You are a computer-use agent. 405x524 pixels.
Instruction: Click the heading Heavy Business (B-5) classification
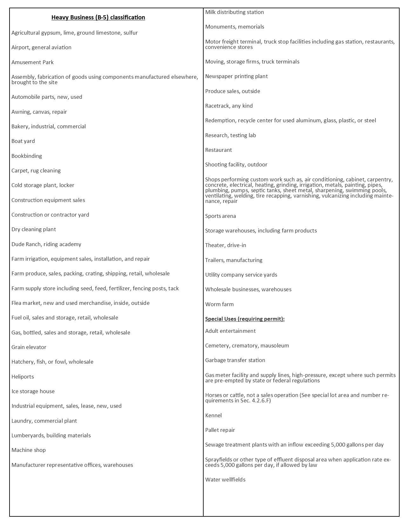click(x=98, y=17)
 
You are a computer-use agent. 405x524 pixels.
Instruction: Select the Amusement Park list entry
click(x=32, y=62)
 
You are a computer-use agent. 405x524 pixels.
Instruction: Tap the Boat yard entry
click(x=23, y=141)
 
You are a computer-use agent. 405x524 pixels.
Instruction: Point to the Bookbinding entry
click(x=27, y=156)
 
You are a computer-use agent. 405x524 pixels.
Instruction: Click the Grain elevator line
click(x=29, y=347)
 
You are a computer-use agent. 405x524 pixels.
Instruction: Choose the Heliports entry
click(x=23, y=377)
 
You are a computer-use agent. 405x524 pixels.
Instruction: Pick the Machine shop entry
click(x=29, y=450)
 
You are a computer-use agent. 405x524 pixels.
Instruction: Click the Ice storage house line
click(x=33, y=391)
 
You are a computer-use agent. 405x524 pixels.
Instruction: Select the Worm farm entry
click(x=219, y=304)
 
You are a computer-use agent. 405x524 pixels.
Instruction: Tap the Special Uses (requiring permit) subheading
click(x=245, y=319)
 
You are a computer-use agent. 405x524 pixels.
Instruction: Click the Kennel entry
click(x=213, y=415)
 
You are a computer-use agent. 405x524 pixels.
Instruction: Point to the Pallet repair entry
click(x=220, y=430)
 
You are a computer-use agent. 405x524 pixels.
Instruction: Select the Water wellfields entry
click(x=225, y=480)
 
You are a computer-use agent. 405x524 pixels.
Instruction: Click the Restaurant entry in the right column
click(x=219, y=150)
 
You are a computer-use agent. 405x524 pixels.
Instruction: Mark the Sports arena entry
click(x=220, y=216)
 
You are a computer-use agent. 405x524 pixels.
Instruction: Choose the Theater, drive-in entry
click(x=226, y=245)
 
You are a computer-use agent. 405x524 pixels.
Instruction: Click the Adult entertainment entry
click(x=230, y=331)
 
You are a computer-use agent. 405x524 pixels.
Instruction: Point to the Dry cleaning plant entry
click(x=34, y=229)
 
